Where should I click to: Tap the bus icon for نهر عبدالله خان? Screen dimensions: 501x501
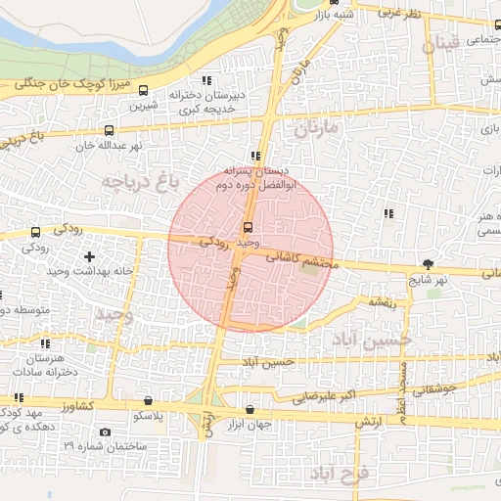click(x=108, y=130)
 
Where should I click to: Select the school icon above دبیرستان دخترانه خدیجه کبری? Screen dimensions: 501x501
click(x=205, y=80)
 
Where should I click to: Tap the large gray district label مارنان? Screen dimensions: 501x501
click(x=315, y=128)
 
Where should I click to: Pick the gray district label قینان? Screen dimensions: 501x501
click(x=440, y=46)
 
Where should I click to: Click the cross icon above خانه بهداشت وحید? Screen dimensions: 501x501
click(x=90, y=256)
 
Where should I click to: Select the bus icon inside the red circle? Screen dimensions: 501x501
click(x=246, y=228)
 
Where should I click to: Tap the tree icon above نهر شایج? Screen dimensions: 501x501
click(x=428, y=264)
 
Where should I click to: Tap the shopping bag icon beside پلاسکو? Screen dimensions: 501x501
click(x=147, y=400)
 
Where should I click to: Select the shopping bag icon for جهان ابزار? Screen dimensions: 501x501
click(x=250, y=410)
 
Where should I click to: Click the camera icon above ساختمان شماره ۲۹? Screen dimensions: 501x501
click(x=105, y=433)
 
